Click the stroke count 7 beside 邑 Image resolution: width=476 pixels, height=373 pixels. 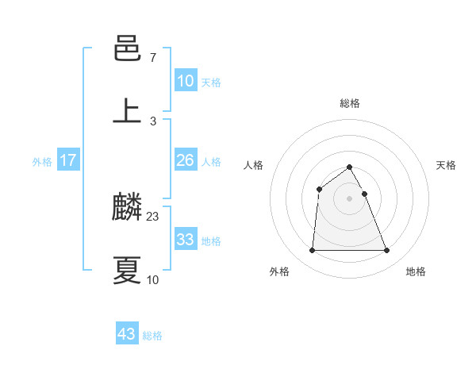pyautogui.click(x=152, y=59)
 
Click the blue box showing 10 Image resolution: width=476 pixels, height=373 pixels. pyautogui.click(x=186, y=81)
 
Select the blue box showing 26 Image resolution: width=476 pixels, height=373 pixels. pyautogui.click(x=186, y=160)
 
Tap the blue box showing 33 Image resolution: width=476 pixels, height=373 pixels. pyautogui.click(x=186, y=240)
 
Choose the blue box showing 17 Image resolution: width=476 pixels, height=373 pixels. pyautogui.click(x=68, y=160)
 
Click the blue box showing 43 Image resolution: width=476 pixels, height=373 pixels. pyautogui.click(x=127, y=334)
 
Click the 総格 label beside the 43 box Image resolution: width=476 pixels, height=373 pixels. pyautogui.click(x=152, y=336)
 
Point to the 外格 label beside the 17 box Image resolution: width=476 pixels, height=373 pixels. pyautogui.click(x=42, y=162)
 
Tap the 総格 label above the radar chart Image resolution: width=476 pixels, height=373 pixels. pyautogui.click(x=350, y=103)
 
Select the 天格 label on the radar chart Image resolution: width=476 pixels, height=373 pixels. pyautogui.click(x=447, y=165)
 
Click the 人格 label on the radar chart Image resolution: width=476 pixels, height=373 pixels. pyautogui.click(x=253, y=165)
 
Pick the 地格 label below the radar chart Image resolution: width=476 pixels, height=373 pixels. pyautogui.click(x=416, y=271)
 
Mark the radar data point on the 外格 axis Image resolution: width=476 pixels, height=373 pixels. pyautogui.click(x=312, y=251)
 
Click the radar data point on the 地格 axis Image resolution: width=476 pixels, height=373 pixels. pyautogui.click(x=387, y=251)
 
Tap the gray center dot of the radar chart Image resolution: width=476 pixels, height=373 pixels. pyautogui.click(x=350, y=198)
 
